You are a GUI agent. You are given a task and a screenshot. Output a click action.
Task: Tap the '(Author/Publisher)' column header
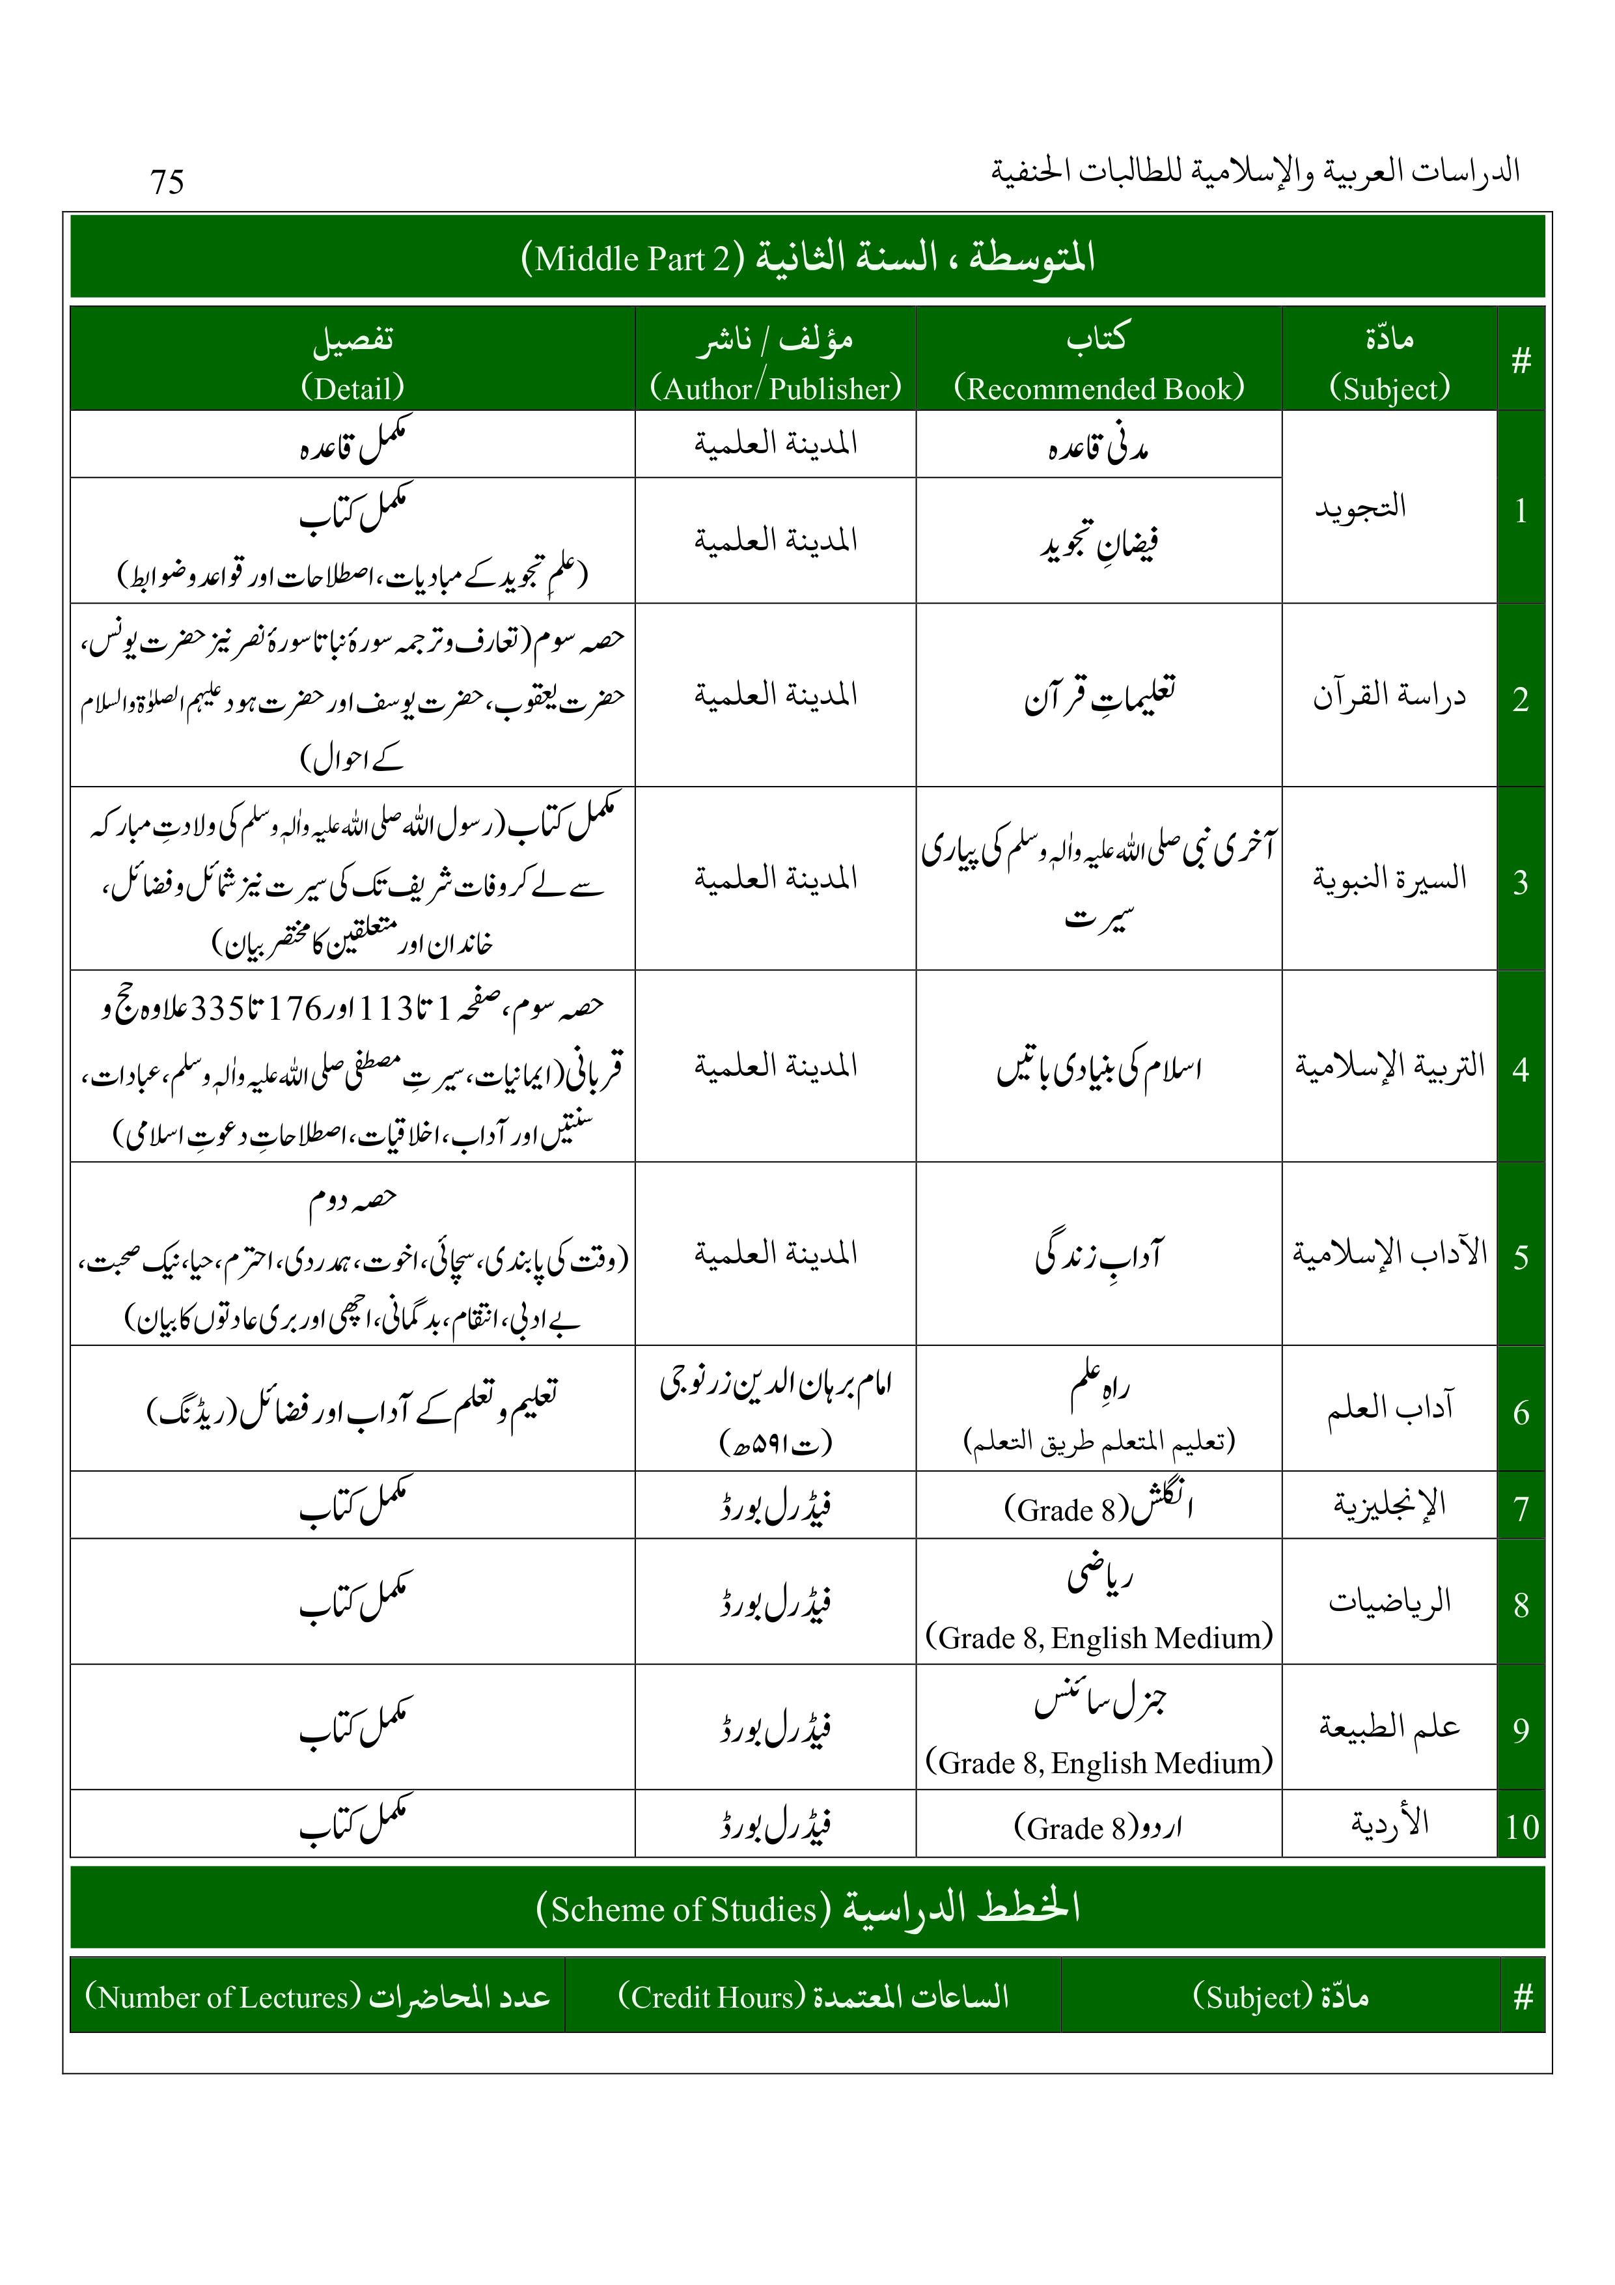[x=775, y=387]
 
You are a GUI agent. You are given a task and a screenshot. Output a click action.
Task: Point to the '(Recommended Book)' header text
[x=1099, y=387]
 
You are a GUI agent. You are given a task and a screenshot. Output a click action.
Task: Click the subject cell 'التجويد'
[x=1360, y=507]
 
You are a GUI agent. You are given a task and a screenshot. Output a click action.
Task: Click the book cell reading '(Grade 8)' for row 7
[x=1067, y=1509]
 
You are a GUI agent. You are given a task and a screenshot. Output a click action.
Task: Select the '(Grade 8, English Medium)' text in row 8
[x=1099, y=1637]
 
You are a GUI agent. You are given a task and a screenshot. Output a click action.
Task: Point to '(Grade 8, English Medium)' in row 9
[x=1099, y=1763]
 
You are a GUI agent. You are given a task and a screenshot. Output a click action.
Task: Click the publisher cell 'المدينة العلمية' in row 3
[x=775, y=878]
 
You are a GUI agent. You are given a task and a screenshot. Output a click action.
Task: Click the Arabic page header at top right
[x=1255, y=171]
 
